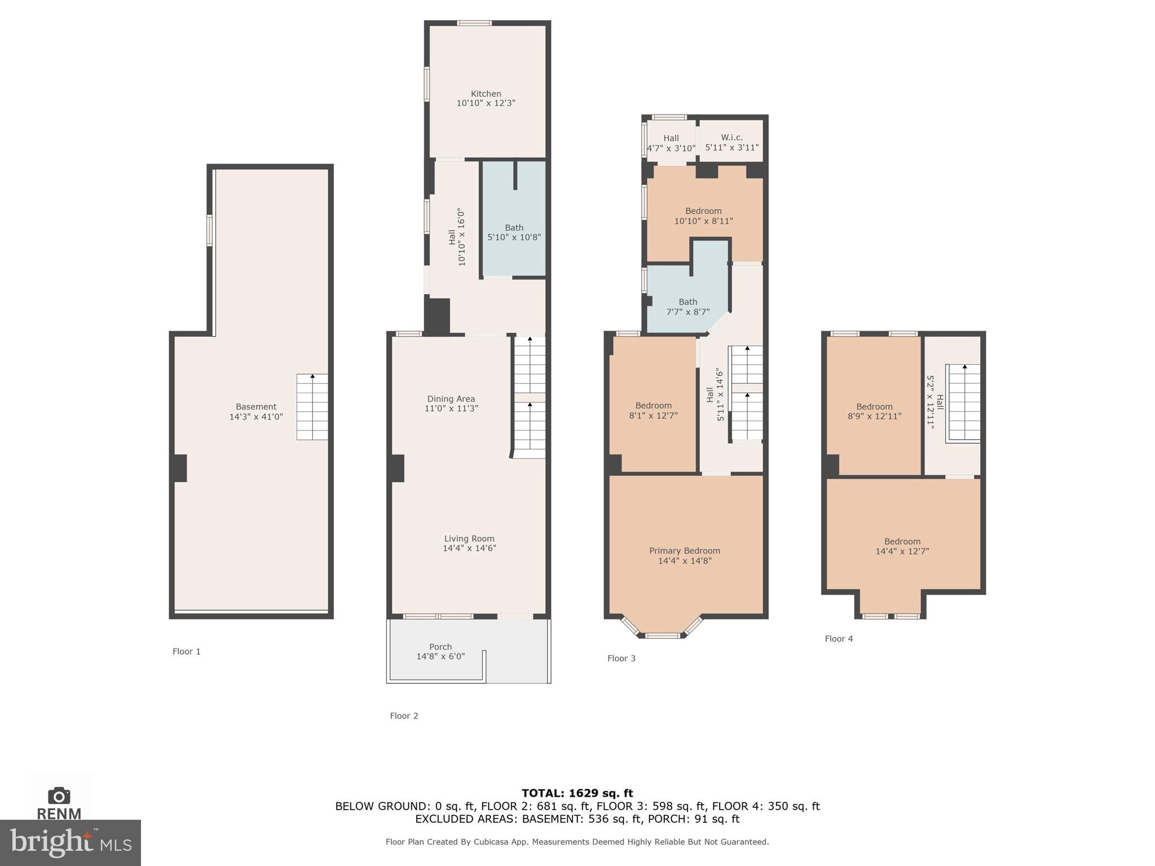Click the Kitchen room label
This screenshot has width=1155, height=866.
(x=486, y=94)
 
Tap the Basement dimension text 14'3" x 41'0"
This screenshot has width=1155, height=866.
(x=256, y=417)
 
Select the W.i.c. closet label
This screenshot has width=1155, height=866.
(x=731, y=138)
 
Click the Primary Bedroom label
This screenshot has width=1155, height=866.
(x=684, y=551)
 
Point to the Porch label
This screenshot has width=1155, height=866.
(x=440, y=647)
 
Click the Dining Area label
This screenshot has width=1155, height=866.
(x=451, y=399)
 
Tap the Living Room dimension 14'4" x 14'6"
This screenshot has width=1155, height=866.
(x=469, y=548)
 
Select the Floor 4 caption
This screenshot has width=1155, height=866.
(x=839, y=639)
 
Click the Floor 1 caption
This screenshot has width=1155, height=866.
(x=186, y=651)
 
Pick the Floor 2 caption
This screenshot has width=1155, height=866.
(x=404, y=715)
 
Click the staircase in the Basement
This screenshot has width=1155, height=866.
(x=312, y=407)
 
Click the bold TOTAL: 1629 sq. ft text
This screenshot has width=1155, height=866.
(x=577, y=793)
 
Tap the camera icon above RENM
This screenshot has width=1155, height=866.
(x=59, y=796)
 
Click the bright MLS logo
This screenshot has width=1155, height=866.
(x=70, y=843)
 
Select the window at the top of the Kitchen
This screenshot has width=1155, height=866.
(x=474, y=23)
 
